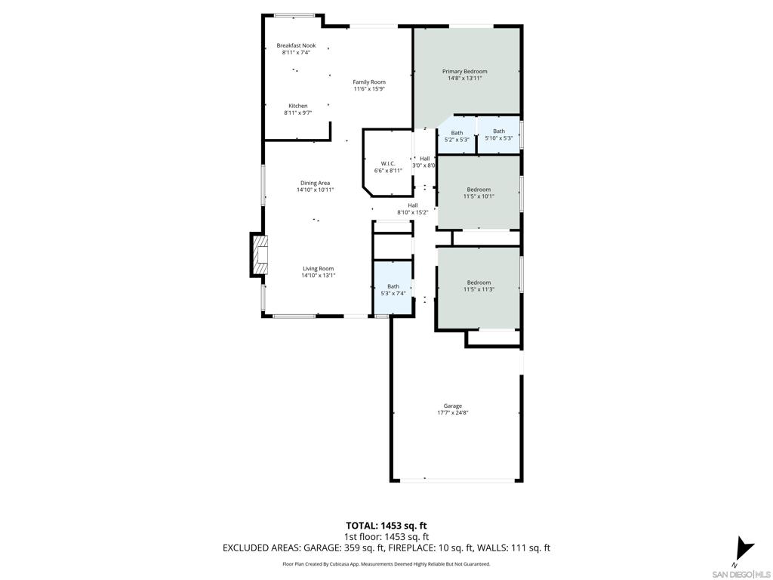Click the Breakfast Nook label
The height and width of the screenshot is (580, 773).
click(296, 45)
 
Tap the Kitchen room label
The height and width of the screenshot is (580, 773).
click(297, 106)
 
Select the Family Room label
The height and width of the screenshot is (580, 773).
click(369, 82)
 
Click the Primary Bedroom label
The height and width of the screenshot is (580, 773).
click(464, 71)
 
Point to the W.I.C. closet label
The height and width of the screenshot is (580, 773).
click(388, 163)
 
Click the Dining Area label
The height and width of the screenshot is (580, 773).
click(315, 183)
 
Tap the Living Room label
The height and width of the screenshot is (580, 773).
click(318, 268)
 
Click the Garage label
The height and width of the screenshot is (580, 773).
click(453, 406)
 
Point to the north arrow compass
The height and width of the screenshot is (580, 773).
click(744, 548)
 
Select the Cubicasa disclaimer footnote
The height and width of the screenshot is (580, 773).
click(386, 564)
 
